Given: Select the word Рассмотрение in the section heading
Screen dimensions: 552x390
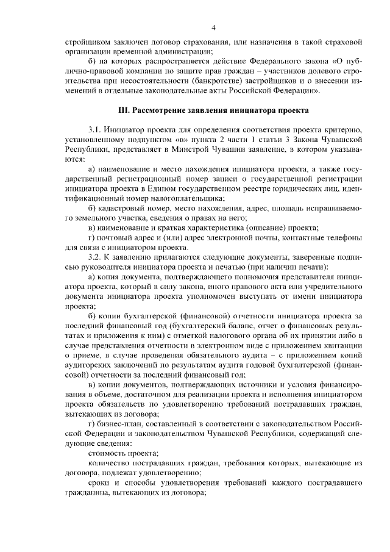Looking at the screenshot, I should [162, 110].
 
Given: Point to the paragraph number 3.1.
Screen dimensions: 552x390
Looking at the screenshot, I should [95, 130].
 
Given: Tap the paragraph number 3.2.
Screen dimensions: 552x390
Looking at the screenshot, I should [95, 256].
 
